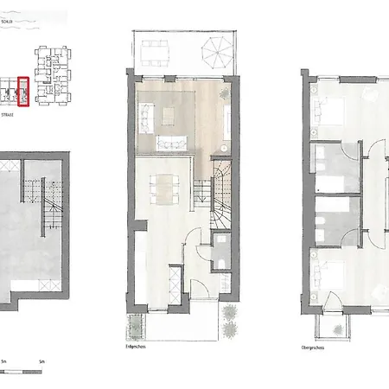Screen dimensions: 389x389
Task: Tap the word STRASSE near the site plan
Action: tap(9, 112)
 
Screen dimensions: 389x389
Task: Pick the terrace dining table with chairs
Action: tap(158, 54)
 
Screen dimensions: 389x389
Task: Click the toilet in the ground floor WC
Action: tap(222, 263)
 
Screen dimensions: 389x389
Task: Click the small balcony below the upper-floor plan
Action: tap(333, 326)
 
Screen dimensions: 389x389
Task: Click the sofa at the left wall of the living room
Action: tap(144, 112)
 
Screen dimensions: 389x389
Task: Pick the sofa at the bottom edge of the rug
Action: tap(171, 143)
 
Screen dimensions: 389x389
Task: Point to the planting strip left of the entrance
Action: tap(135, 327)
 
